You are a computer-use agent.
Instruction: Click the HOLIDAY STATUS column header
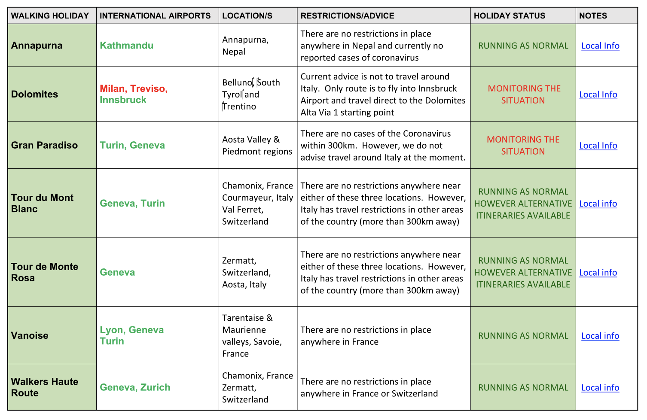point(509,16)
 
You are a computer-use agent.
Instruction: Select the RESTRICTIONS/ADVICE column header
point(347,16)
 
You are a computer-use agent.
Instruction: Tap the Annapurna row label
point(37,46)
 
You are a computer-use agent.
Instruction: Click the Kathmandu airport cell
point(126,46)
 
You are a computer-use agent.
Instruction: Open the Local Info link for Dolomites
point(598,94)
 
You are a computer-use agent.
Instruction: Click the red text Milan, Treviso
point(133,88)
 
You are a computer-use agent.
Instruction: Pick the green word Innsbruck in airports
point(123,100)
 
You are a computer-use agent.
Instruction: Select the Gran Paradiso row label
point(44,145)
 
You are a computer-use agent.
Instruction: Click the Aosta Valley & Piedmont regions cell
point(257,145)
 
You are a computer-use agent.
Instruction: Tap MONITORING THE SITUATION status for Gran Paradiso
point(523,145)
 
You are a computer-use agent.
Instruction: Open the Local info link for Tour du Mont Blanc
point(598,204)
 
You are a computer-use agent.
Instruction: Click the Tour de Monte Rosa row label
point(44,272)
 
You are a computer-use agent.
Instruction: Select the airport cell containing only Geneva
point(117,272)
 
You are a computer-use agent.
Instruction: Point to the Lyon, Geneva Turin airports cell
point(131,335)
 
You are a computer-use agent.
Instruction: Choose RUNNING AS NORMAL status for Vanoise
point(523,336)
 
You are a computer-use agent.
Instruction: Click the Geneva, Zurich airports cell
point(135,387)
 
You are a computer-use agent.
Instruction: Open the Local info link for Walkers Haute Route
point(600,388)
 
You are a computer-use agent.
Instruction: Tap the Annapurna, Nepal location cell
point(245,46)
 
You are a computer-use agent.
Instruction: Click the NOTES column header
point(593,16)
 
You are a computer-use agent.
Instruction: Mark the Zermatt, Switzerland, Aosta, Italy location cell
point(246,272)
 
